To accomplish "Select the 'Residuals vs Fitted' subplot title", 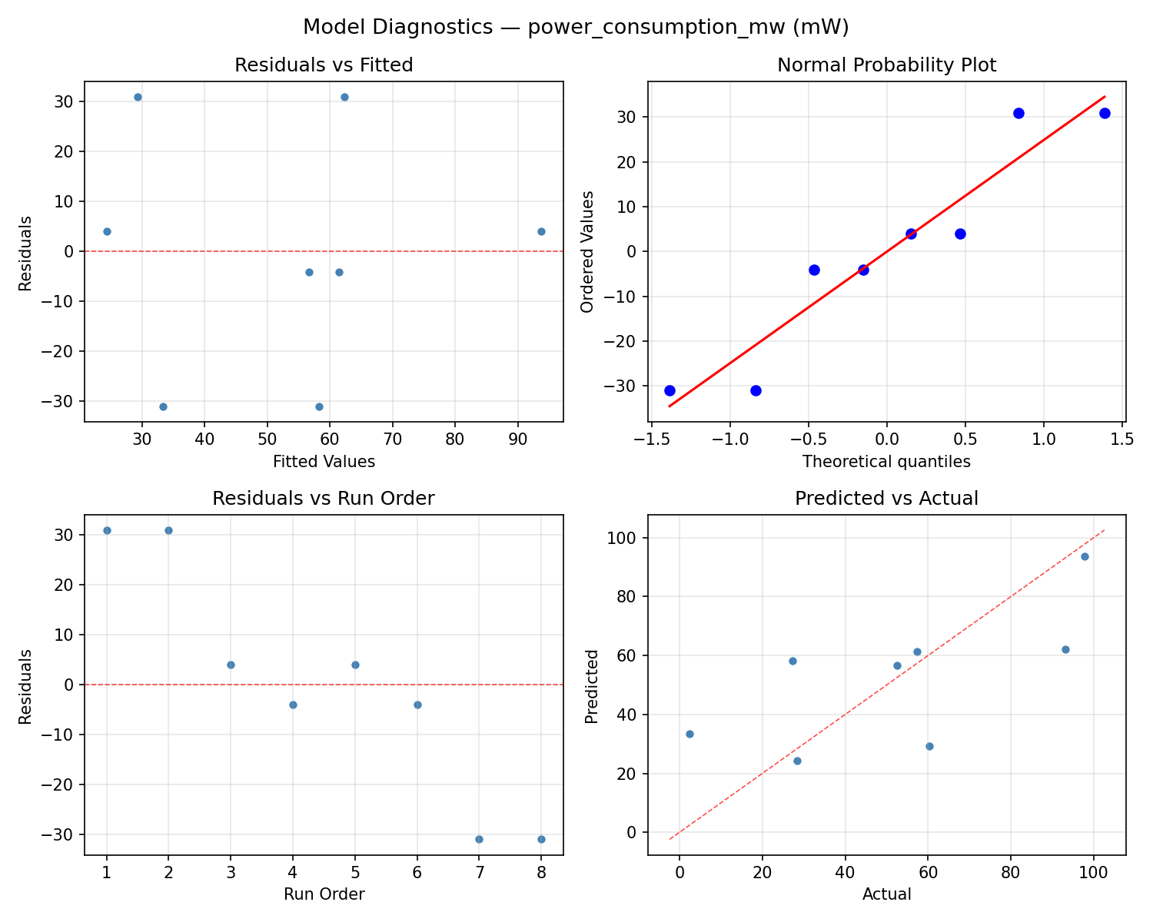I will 324,65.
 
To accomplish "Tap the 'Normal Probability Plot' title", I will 886,65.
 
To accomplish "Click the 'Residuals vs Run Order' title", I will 324,499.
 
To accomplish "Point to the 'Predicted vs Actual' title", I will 886,499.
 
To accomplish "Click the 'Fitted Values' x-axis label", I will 324,462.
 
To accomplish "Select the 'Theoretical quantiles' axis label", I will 886,462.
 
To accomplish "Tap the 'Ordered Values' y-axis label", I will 588,251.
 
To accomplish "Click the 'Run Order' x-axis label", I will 324,894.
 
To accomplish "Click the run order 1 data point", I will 107,530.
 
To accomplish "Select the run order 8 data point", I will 541,839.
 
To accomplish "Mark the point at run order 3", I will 231,665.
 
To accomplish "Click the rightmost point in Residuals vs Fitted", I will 541,231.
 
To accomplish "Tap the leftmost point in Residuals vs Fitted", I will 107,231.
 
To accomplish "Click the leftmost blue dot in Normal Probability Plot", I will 670,390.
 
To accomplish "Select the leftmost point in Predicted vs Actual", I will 689,734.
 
